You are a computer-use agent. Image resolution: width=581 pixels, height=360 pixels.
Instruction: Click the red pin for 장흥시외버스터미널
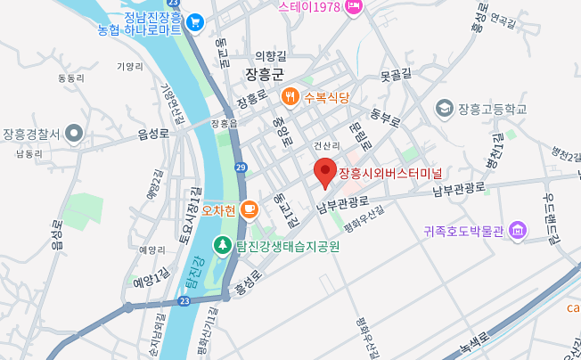[x=325, y=171]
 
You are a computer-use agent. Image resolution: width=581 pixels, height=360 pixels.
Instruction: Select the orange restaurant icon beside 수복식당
[x=289, y=96]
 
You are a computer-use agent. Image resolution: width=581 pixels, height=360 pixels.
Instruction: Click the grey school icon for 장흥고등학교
[x=443, y=109]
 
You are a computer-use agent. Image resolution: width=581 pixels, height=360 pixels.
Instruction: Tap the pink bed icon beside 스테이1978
[x=354, y=7]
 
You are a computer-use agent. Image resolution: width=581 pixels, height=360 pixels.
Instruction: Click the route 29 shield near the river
[x=241, y=167]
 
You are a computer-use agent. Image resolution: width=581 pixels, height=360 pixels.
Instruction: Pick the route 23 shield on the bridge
[x=183, y=302]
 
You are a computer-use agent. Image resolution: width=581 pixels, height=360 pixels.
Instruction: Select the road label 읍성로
[x=152, y=133]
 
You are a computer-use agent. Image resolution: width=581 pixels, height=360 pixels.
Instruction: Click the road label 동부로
[x=386, y=116]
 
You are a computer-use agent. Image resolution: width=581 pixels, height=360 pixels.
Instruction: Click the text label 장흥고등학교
[x=492, y=109]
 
